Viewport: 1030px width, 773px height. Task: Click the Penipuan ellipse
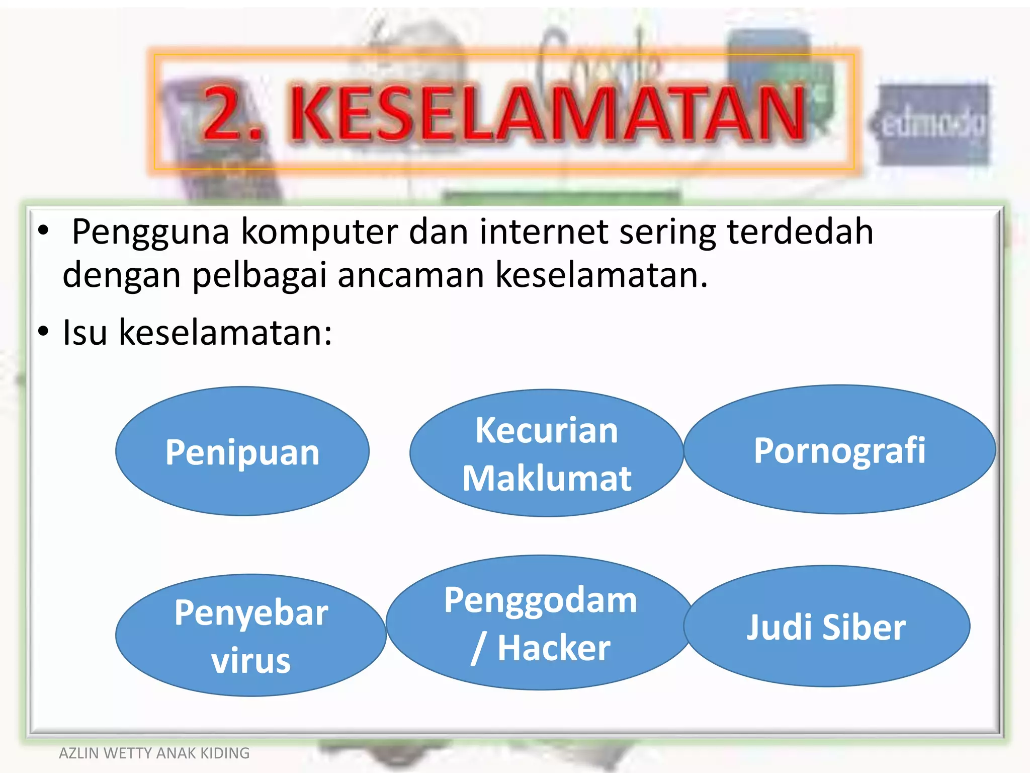point(242,451)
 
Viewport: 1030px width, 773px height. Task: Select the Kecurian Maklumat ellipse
point(547,453)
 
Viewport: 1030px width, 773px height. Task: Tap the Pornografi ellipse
point(839,449)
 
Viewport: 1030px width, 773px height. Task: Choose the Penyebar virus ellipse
point(251,636)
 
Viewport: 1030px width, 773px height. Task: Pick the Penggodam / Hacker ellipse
point(540,623)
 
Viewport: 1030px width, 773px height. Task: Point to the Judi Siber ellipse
point(826,627)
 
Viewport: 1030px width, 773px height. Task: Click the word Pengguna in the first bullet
point(151,233)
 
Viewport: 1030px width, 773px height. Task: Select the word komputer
point(319,231)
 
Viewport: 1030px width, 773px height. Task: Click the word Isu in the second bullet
point(84,332)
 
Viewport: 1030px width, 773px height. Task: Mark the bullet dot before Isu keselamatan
point(43,332)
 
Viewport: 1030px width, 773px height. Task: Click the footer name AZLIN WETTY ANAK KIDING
point(154,753)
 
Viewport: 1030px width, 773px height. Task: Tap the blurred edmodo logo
point(933,124)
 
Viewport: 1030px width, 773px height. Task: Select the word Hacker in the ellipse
point(554,648)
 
